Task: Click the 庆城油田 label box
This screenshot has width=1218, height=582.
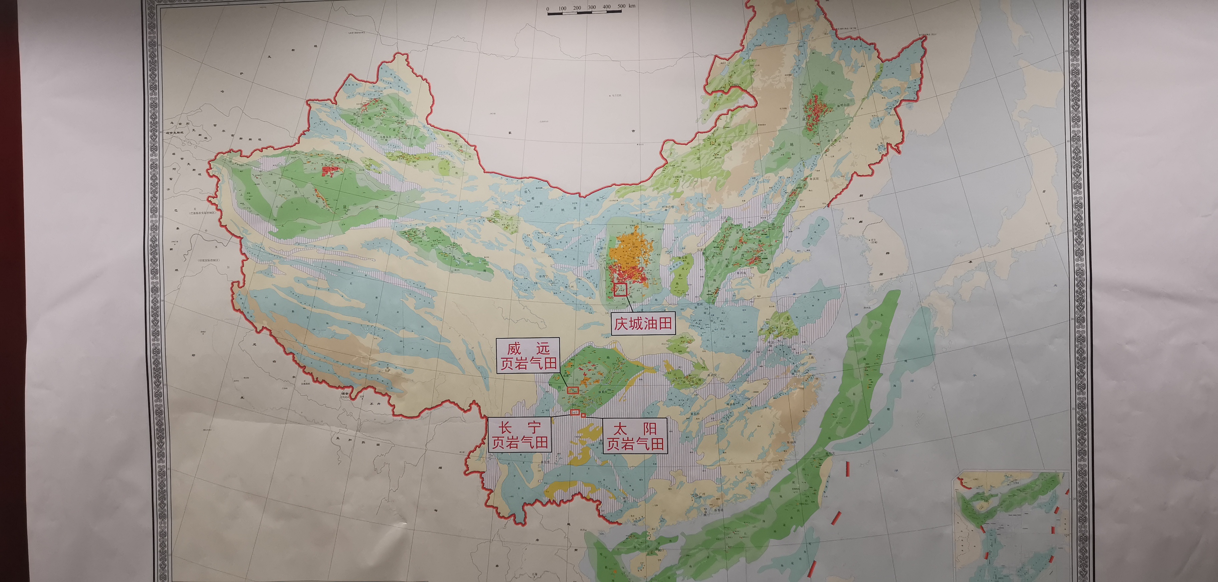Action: [x=643, y=324]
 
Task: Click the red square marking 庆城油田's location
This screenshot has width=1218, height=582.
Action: [x=620, y=290]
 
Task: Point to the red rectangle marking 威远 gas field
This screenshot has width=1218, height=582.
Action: [x=573, y=390]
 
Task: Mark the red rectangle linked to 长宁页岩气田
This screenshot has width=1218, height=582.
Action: [x=575, y=412]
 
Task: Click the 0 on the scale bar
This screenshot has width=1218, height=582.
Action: [x=548, y=9]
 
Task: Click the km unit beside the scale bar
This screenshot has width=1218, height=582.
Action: [x=632, y=6]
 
